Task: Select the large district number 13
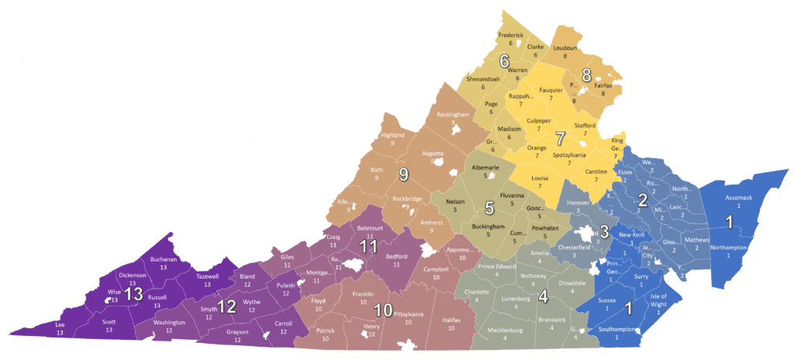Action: point(134,294)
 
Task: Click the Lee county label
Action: point(60,324)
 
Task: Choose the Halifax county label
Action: point(451,320)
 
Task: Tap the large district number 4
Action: point(543,296)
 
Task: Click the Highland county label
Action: point(392,135)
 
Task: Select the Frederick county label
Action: point(511,36)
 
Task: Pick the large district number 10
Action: point(382,310)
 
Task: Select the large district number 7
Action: point(560,140)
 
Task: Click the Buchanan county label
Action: point(164,259)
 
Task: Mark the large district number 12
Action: point(226,307)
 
